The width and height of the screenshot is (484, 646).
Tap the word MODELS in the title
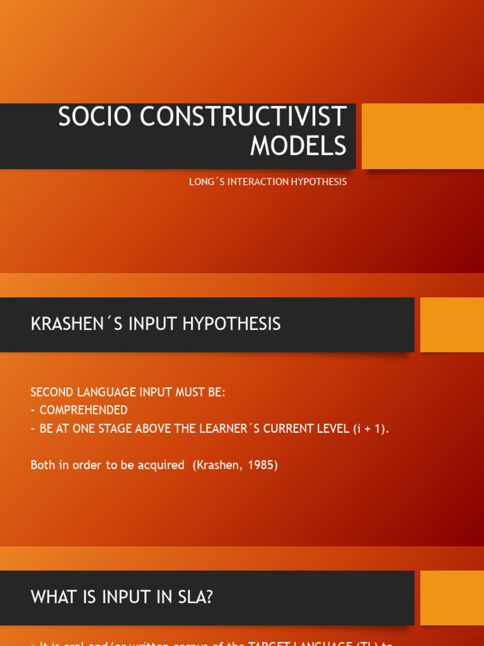click(298, 146)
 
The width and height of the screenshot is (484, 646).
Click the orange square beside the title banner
click(423, 136)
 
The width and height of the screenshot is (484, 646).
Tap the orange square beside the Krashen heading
click(452, 325)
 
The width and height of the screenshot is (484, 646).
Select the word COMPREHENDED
click(83, 410)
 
